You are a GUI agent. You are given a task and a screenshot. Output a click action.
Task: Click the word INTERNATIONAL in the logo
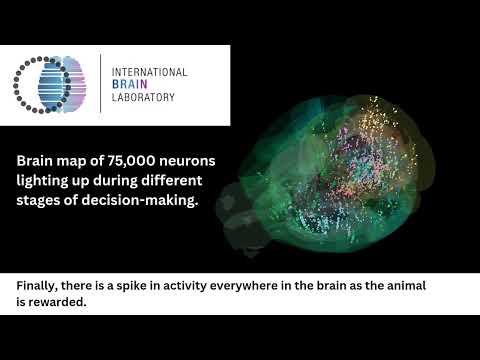click(x=150, y=73)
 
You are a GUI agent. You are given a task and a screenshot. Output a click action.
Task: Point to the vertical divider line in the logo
click(x=100, y=85)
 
